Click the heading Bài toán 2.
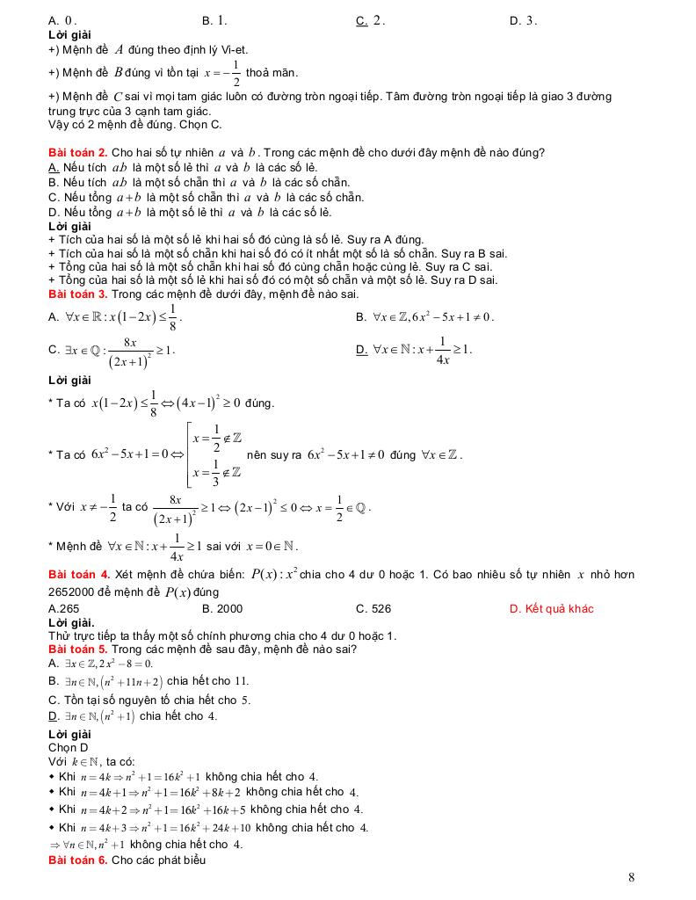click(x=78, y=152)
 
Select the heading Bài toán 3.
click(x=78, y=294)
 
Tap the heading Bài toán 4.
click(x=79, y=574)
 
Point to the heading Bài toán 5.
click(x=78, y=649)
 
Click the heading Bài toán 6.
click(x=78, y=860)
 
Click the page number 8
click(x=632, y=876)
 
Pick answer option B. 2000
click(x=222, y=608)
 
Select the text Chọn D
click(x=68, y=747)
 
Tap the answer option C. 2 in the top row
click(x=371, y=20)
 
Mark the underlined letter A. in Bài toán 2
click(x=54, y=167)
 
